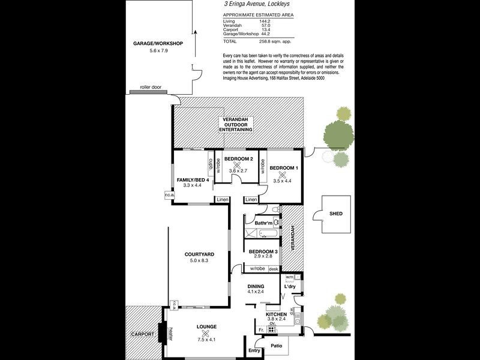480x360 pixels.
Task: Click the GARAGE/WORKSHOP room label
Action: (x=158, y=44)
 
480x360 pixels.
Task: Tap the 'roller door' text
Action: (x=151, y=87)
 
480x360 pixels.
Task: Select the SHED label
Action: (x=336, y=213)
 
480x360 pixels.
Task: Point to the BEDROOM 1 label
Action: (x=284, y=167)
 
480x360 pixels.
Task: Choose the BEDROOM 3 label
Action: (x=263, y=251)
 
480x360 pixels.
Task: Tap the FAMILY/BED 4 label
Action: (x=193, y=180)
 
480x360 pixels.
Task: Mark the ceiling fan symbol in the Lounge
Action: (x=206, y=333)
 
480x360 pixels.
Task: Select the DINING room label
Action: (x=257, y=286)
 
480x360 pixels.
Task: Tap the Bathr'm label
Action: (x=264, y=223)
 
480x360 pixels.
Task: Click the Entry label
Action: (x=254, y=350)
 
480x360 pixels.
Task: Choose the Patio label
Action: (x=276, y=346)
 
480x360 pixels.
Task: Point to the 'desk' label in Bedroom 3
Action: (x=274, y=269)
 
